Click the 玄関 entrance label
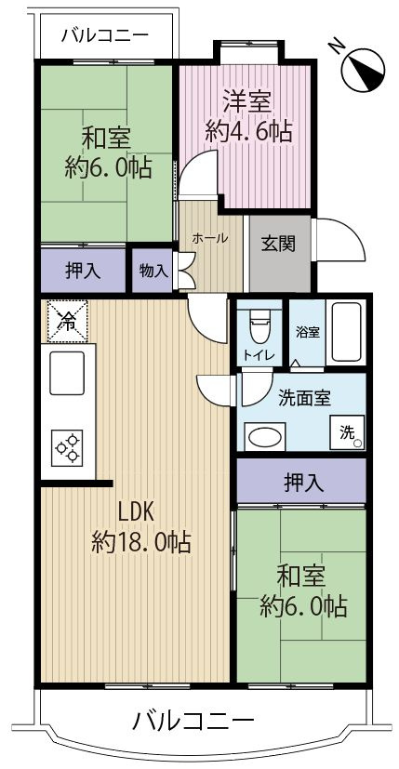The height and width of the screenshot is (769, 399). pyautogui.click(x=278, y=245)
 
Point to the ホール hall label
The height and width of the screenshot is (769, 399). pyautogui.click(x=210, y=238)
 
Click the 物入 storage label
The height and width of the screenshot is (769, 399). pyautogui.click(x=153, y=271)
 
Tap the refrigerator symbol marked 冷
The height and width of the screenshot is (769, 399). pyautogui.click(x=66, y=322)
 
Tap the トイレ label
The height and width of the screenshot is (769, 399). pyautogui.click(x=259, y=354)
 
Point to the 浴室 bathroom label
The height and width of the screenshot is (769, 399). pyautogui.click(x=308, y=330)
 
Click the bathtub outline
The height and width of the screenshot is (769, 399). pyautogui.click(x=348, y=333)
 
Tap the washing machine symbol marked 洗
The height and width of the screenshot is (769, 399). pyautogui.click(x=347, y=431)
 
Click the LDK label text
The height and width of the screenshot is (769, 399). pyautogui.click(x=140, y=512)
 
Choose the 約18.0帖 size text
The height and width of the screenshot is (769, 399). pyautogui.click(x=141, y=542)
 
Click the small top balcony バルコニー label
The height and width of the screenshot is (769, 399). pyautogui.click(x=102, y=37)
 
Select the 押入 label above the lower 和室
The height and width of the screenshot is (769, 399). pyautogui.click(x=302, y=482)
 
